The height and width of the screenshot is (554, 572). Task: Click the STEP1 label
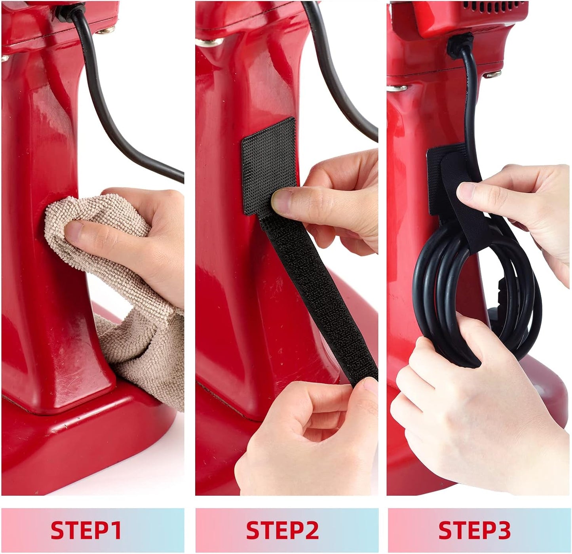click(86, 530)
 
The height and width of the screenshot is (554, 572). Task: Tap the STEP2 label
click(282, 530)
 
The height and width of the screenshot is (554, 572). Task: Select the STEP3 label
click(474, 530)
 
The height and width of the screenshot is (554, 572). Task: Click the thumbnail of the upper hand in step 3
click(466, 192)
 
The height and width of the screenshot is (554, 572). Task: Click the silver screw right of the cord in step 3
click(493, 74)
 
